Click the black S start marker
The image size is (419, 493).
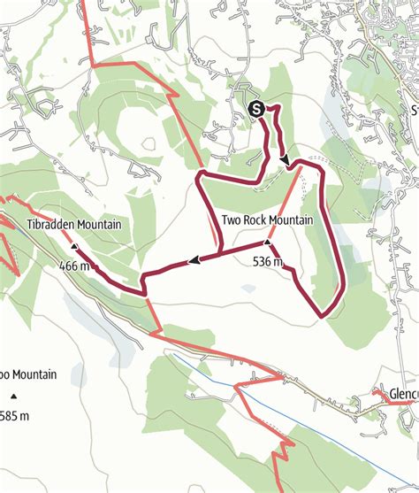256,110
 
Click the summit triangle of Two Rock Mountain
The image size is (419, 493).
268,242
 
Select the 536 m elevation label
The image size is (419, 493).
267,262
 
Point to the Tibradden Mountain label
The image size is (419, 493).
73,225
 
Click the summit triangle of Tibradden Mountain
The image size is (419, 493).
73,248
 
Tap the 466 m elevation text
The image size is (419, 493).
74,266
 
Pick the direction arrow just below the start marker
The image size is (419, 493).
286,159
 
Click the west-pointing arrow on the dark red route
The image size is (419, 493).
192,260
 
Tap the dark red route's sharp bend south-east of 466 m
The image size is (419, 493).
142,289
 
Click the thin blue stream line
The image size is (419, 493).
212,373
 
